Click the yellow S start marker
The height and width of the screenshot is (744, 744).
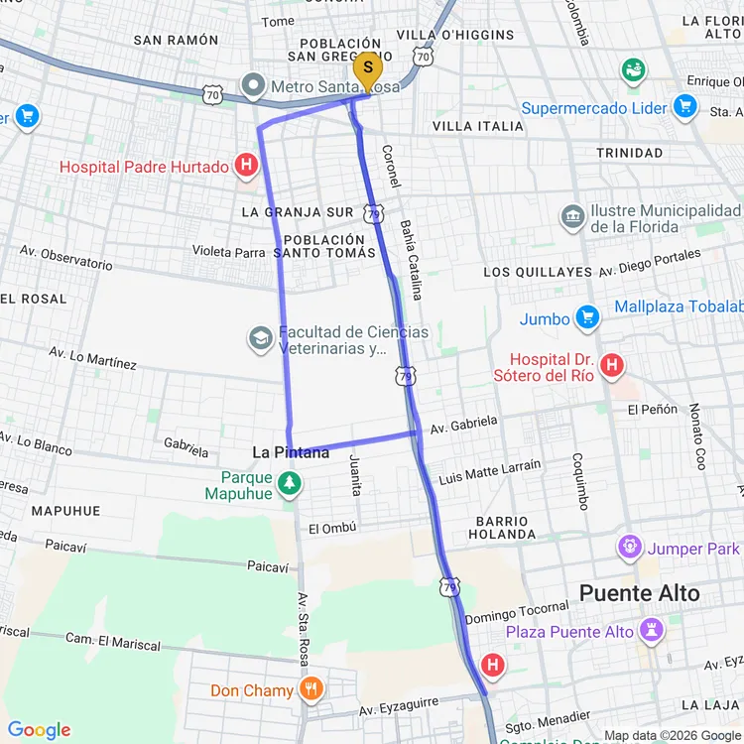click(368, 68)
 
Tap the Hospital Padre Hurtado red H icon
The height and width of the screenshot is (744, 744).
click(246, 167)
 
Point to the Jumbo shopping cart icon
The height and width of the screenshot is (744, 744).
click(587, 318)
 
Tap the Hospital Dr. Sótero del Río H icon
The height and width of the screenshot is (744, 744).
click(612, 366)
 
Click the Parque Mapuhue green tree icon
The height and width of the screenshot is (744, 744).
click(289, 484)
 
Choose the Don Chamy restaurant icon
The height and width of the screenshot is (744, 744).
click(311, 690)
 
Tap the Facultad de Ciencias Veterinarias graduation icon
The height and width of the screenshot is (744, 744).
click(261, 340)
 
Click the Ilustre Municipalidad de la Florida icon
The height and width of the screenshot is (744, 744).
click(572, 217)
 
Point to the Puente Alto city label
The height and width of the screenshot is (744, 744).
click(639, 593)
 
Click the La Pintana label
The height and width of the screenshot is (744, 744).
click(291, 452)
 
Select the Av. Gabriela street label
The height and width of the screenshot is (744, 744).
click(463, 425)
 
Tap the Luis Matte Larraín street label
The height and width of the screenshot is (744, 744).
click(490, 471)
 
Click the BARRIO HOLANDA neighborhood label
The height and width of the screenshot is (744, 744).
click(502, 527)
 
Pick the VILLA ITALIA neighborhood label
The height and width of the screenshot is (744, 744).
click(478, 126)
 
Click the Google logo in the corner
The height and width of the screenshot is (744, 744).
click(40, 730)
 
